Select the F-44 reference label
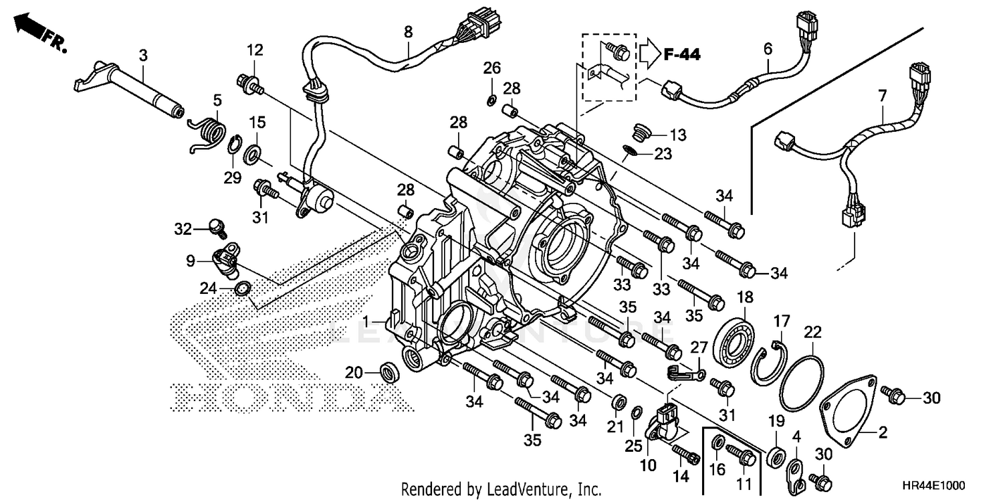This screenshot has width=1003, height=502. [681, 55]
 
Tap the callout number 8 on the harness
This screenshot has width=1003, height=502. [408, 31]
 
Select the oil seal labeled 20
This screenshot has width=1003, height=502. [388, 371]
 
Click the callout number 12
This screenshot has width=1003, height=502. [255, 50]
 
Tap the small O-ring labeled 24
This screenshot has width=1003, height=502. [243, 289]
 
